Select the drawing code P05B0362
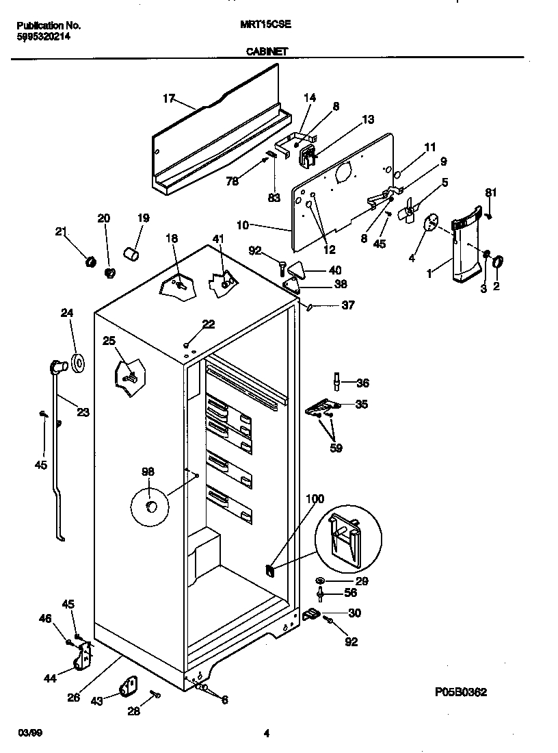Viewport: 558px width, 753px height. (460, 692)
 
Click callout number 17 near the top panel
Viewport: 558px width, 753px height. (169, 99)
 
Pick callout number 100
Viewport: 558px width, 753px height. (315, 499)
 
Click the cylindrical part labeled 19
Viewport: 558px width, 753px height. (131, 255)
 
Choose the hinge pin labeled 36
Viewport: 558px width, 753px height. (336, 381)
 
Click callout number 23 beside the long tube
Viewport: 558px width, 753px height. (83, 412)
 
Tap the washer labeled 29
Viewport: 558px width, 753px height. (321, 581)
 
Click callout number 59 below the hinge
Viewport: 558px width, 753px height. (336, 448)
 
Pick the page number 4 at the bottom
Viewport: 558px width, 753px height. (267, 734)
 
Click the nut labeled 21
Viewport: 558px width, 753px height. (88, 260)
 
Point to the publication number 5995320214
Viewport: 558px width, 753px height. (43, 38)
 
